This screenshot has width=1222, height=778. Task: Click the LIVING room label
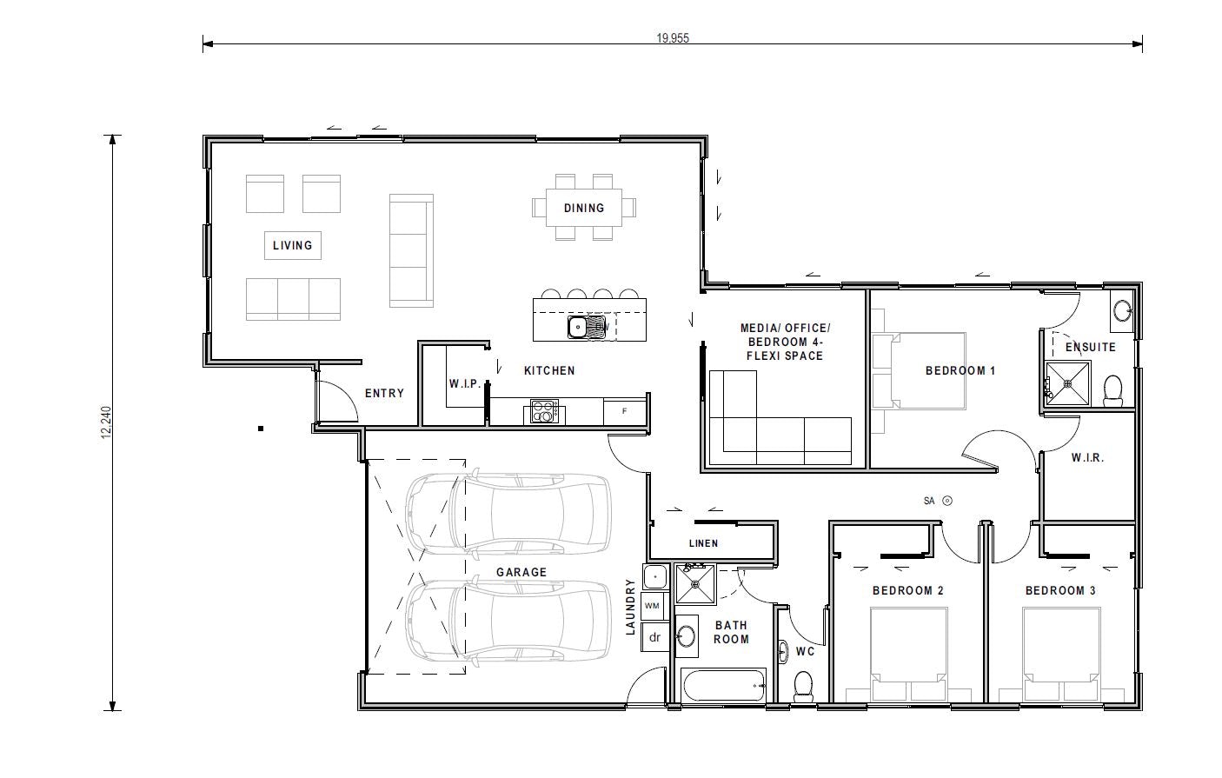(x=292, y=245)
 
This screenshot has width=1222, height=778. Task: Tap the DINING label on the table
(x=583, y=208)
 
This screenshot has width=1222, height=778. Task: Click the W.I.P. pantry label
(x=464, y=383)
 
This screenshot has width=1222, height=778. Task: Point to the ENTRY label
(x=384, y=393)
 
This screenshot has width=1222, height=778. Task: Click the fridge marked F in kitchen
(x=625, y=410)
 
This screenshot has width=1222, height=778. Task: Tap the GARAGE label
(x=521, y=572)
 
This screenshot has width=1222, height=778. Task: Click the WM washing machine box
(x=653, y=604)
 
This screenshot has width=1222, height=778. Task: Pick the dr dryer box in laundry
(x=655, y=637)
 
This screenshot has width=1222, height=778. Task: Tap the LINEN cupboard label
(x=703, y=543)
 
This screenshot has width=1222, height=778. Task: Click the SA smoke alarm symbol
(x=948, y=501)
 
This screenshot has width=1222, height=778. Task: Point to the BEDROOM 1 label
(x=960, y=370)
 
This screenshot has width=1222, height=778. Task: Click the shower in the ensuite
(x=1068, y=382)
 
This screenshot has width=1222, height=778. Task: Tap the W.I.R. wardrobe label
(x=1087, y=457)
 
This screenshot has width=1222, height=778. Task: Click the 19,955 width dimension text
(x=673, y=38)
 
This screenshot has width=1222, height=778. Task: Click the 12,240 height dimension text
(x=107, y=422)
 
